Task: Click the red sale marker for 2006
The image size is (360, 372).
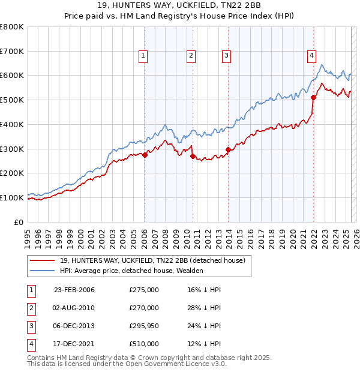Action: (145, 155)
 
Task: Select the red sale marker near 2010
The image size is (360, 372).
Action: (193, 156)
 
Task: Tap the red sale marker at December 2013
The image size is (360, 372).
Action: (228, 150)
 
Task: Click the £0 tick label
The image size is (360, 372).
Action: (19, 222)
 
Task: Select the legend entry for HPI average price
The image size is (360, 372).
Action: (131, 271)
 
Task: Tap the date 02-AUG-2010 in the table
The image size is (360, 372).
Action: (74, 308)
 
